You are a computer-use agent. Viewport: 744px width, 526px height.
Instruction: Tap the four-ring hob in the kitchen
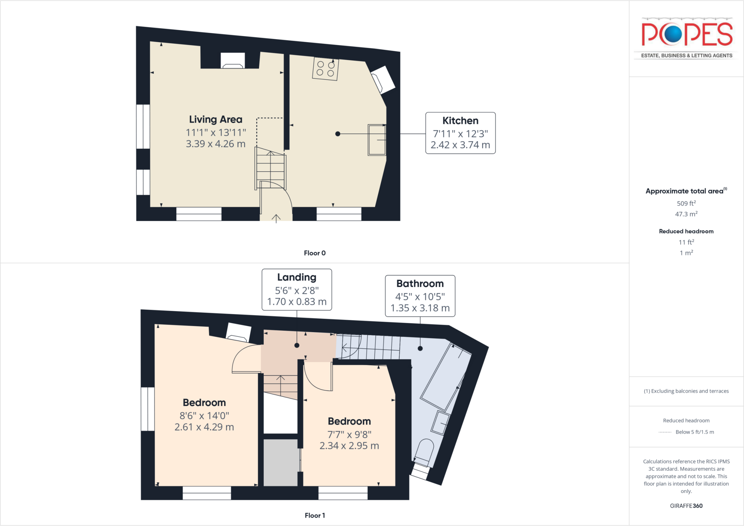(325, 69)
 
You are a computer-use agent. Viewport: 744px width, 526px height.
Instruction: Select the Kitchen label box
(460, 133)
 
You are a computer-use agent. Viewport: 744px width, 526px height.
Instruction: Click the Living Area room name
(215, 119)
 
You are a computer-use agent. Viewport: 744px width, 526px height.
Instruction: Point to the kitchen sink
(377, 140)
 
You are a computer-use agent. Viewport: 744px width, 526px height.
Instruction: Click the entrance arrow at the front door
(276, 218)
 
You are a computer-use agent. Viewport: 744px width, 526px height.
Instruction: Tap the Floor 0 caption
(315, 253)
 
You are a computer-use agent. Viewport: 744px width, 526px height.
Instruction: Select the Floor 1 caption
(315, 515)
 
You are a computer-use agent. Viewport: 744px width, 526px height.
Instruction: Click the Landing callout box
(297, 289)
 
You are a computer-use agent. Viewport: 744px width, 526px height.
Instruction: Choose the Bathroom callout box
(420, 296)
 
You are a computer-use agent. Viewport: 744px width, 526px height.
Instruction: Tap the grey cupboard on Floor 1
(280, 462)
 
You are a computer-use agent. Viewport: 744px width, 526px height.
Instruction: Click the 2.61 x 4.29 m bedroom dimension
(204, 427)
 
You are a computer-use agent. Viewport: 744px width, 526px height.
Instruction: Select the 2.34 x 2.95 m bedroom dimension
(349, 446)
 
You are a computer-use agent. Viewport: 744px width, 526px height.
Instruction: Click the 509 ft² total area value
(686, 204)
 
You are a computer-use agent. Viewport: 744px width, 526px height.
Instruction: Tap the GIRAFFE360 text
(686, 506)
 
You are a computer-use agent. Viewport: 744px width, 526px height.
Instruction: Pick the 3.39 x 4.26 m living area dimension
(215, 144)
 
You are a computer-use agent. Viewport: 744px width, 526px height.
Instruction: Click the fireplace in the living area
(232, 61)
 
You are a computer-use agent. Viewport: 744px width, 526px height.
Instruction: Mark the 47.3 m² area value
(686, 214)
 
